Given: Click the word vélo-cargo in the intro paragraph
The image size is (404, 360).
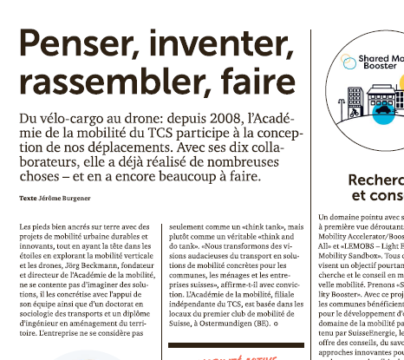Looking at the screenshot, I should click(76, 116).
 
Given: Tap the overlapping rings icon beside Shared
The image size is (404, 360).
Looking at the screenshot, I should click(347, 61).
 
